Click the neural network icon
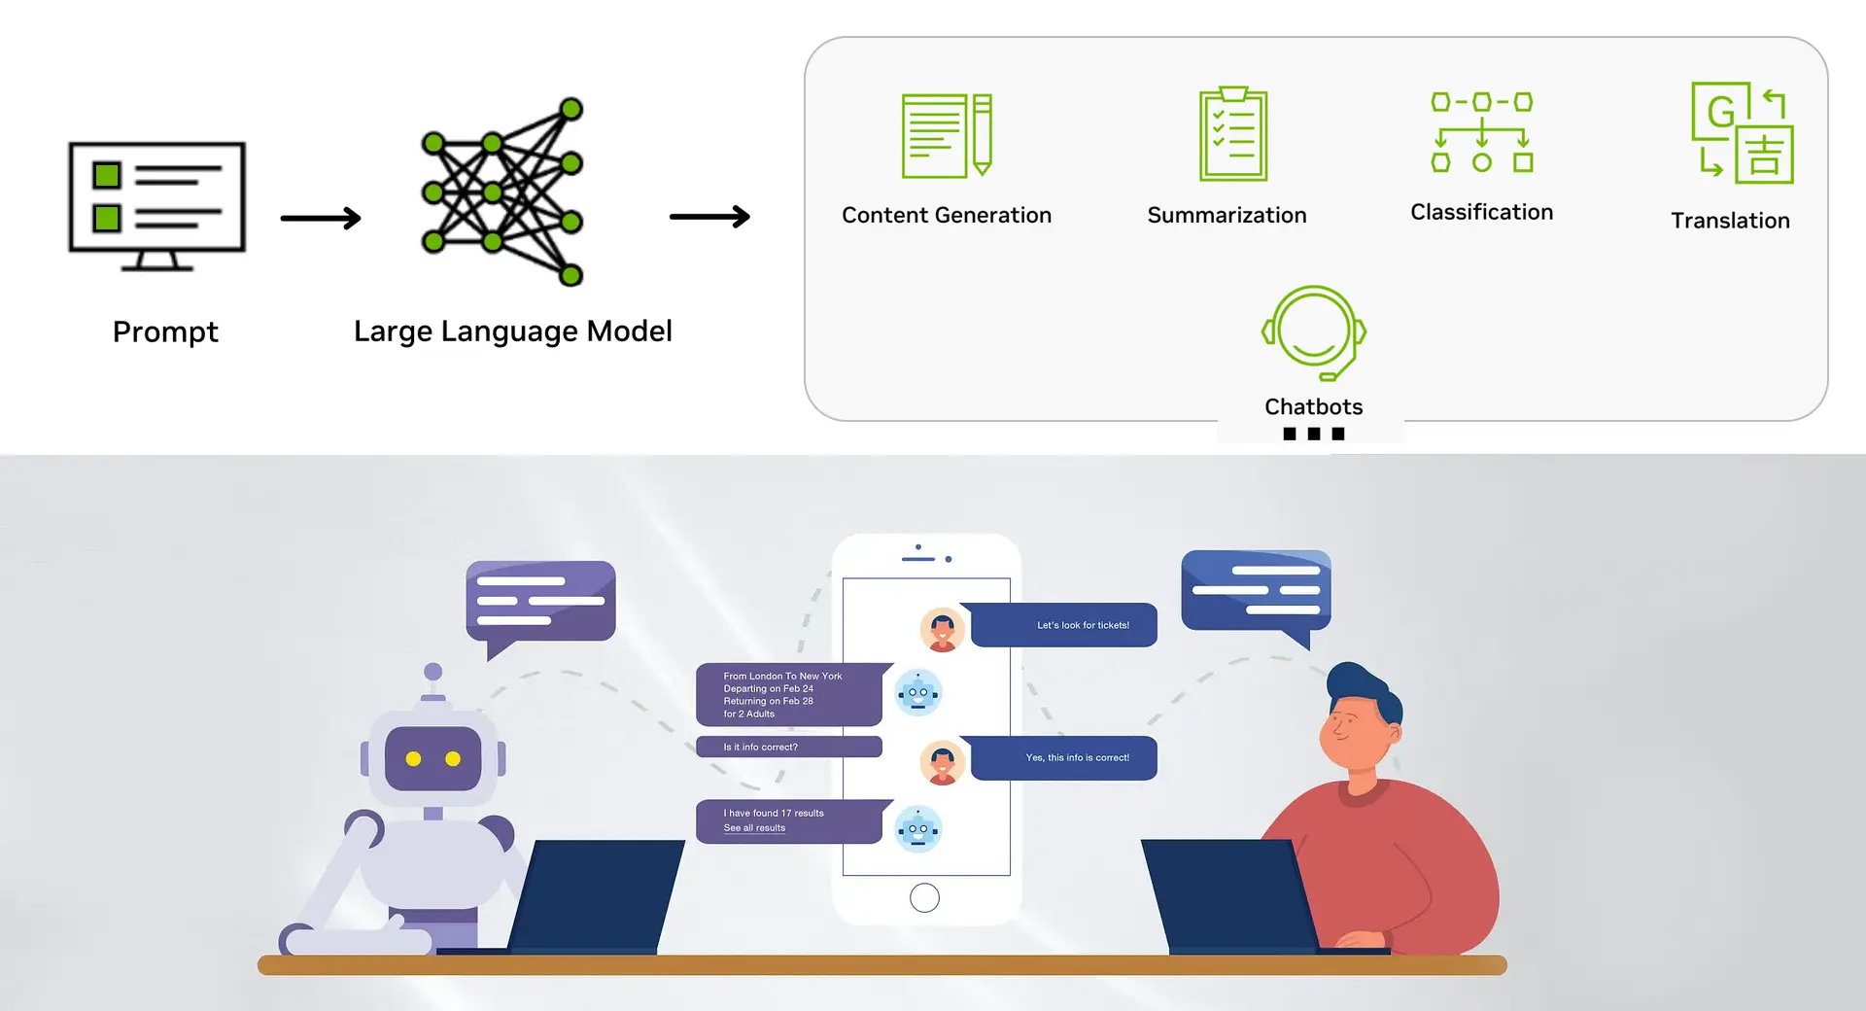click(x=502, y=192)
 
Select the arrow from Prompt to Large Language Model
click(x=321, y=219)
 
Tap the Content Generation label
click(x=946, y=215)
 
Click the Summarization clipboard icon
click(x=1233, y=134)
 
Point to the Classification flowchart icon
click(x=1481, y=132)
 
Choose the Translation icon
click(x=1742, y=133)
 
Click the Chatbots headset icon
click(x=1314, y=331)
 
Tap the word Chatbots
click(x=1313, y=406)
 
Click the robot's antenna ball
click(x=433, y=672)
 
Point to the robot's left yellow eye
click(x=413, y=758)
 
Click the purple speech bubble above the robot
click(x=540, y=601)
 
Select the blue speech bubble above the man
click(x=1256, y=590)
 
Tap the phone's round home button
click(x=924, y=897)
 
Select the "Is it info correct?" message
click(x=788, y=747)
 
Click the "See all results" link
click(x=754, y=828)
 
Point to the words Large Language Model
click(x=512, y=331)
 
